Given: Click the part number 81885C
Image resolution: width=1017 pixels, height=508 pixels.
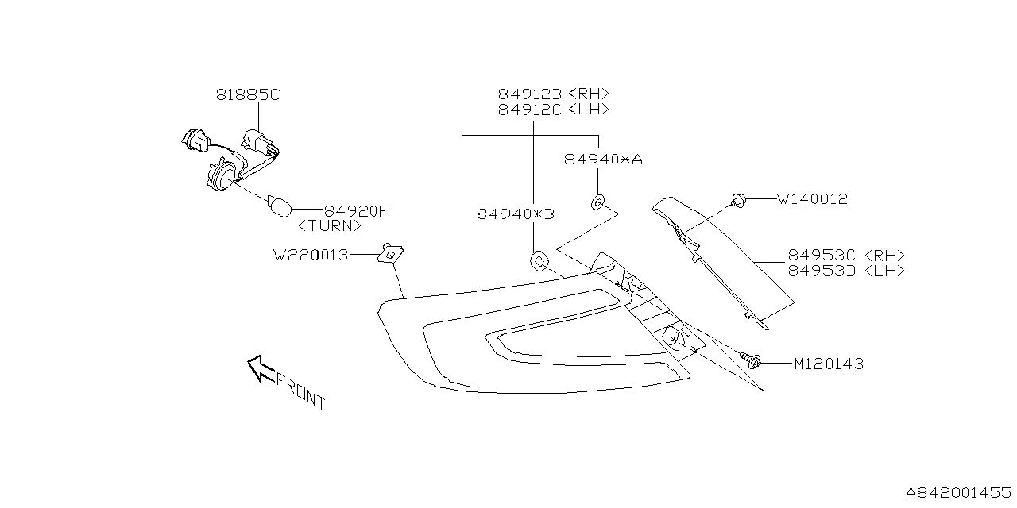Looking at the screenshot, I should tap(248, 95).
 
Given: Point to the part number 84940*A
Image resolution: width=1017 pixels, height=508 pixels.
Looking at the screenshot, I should tap(603, 160).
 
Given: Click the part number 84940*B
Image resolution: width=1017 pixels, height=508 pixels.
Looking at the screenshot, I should tap(516, 214).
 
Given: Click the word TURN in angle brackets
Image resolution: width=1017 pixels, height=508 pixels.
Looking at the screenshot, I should tap(330, 225).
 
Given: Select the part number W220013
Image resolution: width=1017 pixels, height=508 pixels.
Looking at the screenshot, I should tap(311, 256).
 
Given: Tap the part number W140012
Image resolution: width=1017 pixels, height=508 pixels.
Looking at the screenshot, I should tap(811, 199).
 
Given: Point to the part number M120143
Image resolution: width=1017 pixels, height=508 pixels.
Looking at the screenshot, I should tap(828, 364).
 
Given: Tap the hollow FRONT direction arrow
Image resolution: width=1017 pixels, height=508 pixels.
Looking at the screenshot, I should tap(261, 368).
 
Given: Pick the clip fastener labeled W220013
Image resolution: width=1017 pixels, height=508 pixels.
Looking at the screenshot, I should tap(390, 253).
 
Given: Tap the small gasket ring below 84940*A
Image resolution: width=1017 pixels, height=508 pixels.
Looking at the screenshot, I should tap(597, 202).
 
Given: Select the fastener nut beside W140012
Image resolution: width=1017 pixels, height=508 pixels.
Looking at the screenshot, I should tap(739, 201).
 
